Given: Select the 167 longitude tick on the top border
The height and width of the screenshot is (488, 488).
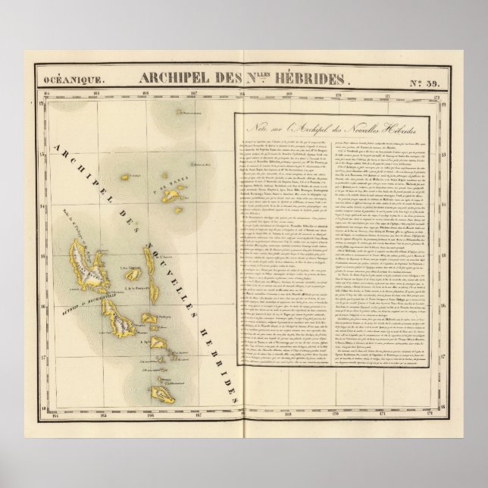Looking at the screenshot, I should [194, 95].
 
